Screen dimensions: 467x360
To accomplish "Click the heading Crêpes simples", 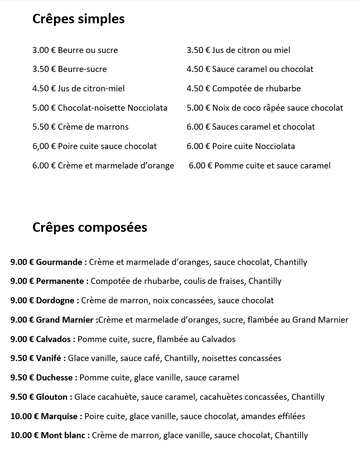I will [x=78, y=19].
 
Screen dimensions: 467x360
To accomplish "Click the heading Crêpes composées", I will [x=90, y=227].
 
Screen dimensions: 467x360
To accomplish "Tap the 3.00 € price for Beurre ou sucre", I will [x=44, y=50].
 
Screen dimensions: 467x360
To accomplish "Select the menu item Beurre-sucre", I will [x=82, y=69].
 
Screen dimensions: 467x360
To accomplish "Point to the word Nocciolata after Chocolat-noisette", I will [x=147, y=108].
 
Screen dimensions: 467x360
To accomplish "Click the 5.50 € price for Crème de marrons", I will [x=44, y=127].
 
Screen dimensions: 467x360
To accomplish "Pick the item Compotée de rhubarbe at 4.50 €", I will [x=257, y=88].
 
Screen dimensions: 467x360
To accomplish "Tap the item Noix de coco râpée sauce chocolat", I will [x=278, y=108].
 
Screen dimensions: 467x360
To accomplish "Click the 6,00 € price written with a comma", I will [x=44, y=146].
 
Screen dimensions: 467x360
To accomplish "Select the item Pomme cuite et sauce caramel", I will [x=272, y=165].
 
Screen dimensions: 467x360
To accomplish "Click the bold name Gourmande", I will [x=59, y=262].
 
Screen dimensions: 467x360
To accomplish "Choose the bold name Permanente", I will [x=60, y=281].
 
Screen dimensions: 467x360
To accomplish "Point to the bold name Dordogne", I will [x=55, y=300].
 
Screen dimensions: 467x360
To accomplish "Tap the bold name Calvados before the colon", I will [x=53, y=339].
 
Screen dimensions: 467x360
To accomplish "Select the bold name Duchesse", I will [x=54, y=377].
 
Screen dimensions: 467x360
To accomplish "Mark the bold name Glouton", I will [x=52, y=397].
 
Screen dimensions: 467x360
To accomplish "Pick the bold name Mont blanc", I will [x=63, y=435].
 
